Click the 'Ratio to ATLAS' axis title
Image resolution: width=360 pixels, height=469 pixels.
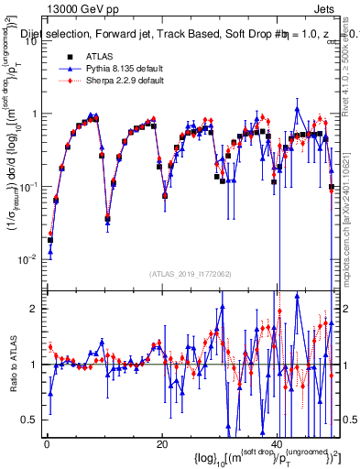point(11,364)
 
